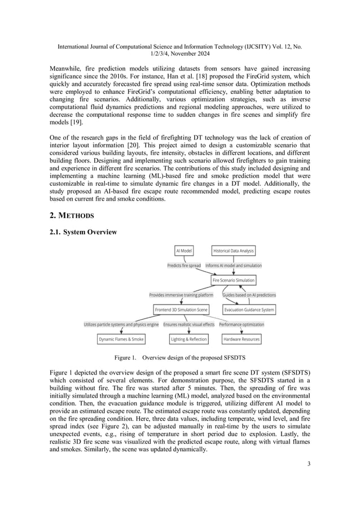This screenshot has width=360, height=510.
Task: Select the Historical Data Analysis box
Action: point(234,250)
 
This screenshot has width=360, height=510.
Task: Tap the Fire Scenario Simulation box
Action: point(233,280)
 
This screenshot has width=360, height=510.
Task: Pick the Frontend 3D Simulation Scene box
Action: point(181,310)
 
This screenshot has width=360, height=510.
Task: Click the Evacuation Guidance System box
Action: point(249,310)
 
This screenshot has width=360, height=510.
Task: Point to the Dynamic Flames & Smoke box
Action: point(121,339)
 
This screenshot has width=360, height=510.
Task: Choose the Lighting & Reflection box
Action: point(189,339)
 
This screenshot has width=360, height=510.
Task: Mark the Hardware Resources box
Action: point(242,339)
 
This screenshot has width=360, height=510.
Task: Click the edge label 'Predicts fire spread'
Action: point(184,265)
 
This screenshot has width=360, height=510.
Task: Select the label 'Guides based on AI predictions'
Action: point(249,295)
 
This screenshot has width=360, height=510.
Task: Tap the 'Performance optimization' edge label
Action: point(241,324)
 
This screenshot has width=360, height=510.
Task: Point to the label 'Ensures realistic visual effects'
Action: point(189,324)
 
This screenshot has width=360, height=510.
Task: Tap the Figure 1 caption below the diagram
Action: point(179,358)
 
